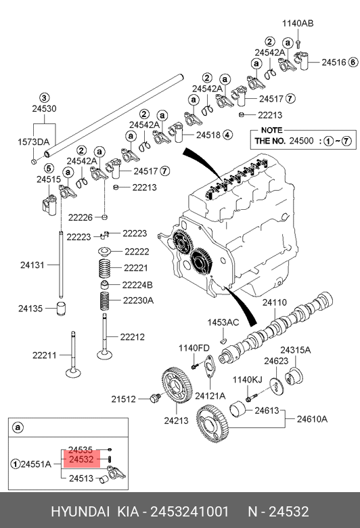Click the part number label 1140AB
(298, 23)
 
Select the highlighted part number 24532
(81, 460)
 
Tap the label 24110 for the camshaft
(275, 303)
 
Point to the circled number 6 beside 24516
(353, 62)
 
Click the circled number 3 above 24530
(44, 98)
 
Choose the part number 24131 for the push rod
(32, 265)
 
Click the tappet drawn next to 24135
(61, 309)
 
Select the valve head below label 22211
(73, 373)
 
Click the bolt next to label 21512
(155, 398)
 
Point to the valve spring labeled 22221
(105, 268)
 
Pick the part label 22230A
(138, 300)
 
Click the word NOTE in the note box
(272, 131)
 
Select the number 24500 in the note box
(301, 141)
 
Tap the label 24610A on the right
(312, 419)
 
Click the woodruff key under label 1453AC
(222, 340)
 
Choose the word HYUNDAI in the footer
(80, 512)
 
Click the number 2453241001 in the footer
(189, 512)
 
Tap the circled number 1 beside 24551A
(15, 464)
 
